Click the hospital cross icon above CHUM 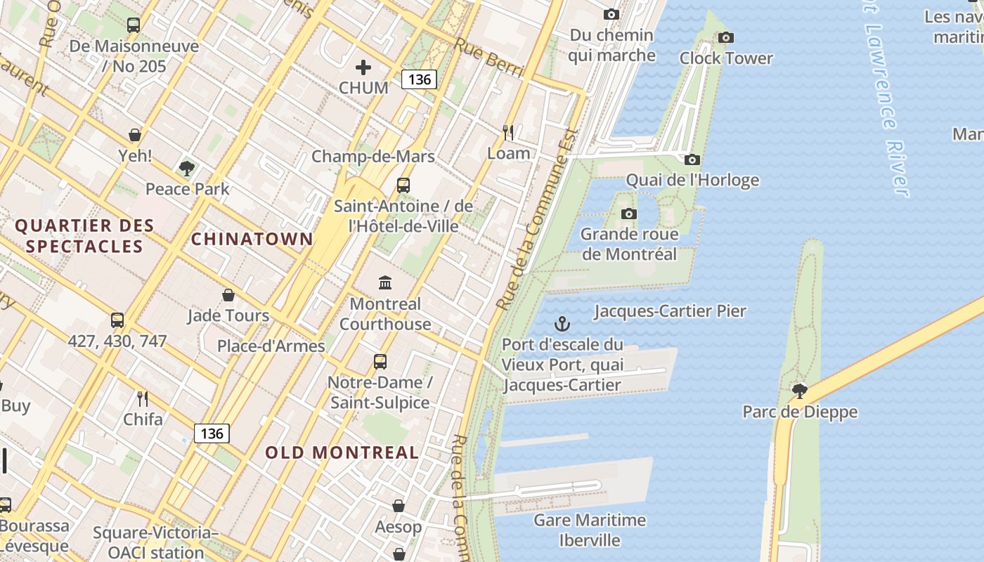coord(363,67)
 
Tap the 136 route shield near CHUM coord(419,79)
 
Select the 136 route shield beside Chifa coord(212,433)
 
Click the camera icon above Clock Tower coord(726,38)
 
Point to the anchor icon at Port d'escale coord(562,324)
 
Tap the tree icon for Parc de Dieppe coord(799,391)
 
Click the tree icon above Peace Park coord(187,168)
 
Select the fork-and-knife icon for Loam coord(508,132)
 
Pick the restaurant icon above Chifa coord(143,399)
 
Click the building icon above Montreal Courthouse coord(385,283)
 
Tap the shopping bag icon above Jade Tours coord(228,295)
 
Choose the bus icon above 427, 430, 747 coord(117,320)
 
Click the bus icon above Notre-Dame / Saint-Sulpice coord(380,362)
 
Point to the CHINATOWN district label coord(252,239)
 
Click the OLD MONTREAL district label coord(342,452)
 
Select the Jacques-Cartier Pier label coord(670,311)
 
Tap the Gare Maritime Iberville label coord(590,530)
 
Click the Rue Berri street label coord(489,56)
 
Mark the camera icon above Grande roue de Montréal coord(629,214)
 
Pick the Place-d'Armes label coord(271,346)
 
